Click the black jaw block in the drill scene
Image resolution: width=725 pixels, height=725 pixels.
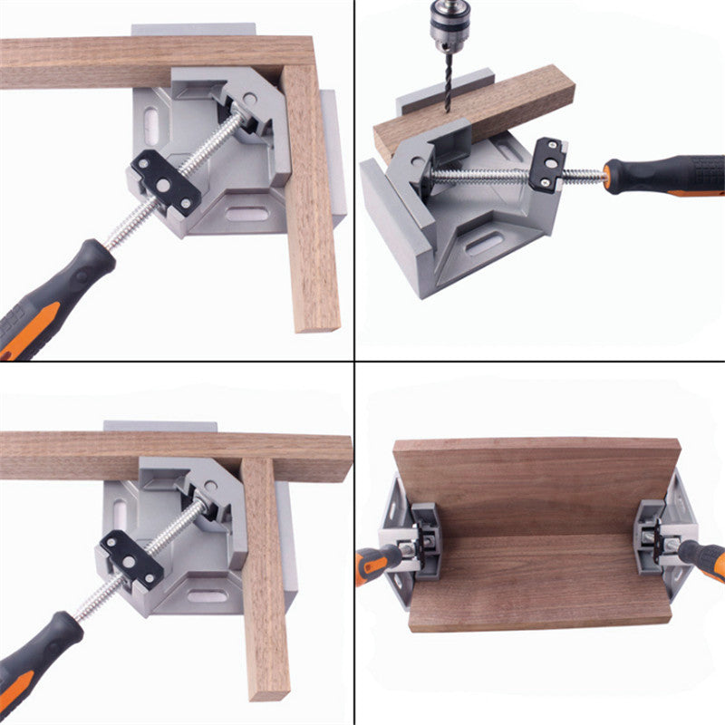click(x=548, y=165)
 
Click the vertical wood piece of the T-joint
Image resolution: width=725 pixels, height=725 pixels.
click(x=265, y=580)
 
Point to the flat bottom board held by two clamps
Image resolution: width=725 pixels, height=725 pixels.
click(x=539, y=580)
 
